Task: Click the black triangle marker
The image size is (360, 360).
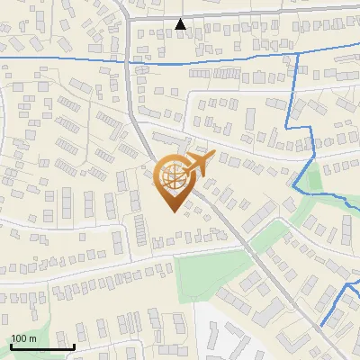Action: pyautogui.click(x=181, y=23)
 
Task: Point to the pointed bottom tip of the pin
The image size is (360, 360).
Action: pyautogui.click(x=172, y=211)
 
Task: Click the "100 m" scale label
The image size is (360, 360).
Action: pyautogui.click(x=23, y=338)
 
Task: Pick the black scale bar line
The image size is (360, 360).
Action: pyautogui.click(x=42, y=346)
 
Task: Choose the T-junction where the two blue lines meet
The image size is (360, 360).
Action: pyautogui.click(x=297, y=55)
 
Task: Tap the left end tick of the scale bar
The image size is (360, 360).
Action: pyautogui.click(x=11, y=346)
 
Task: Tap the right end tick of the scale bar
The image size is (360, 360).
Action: pyautogui.click(x=74, y=346)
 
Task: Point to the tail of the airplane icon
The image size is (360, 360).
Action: pyautogui.click(x=184, y=170)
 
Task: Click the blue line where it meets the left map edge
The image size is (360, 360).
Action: pyautogui.click(x=2, y=58)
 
